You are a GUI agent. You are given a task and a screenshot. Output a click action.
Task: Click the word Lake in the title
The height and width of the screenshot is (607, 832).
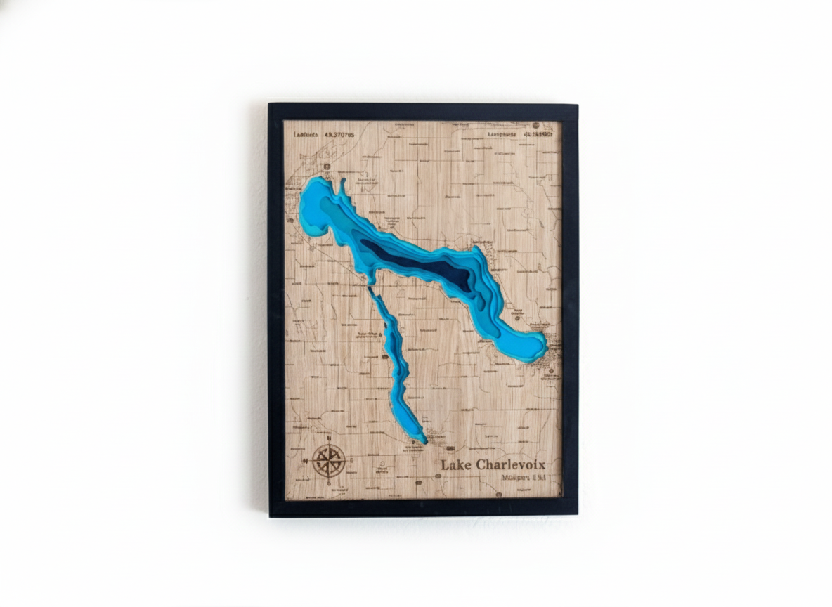(x=456, y=464)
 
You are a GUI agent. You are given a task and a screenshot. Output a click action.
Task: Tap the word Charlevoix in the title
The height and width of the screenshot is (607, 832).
(x=510, y=464)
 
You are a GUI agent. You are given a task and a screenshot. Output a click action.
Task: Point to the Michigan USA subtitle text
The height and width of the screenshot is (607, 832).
(x=524, y=478)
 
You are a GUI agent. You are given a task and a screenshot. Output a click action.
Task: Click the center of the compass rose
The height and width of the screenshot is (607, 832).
(x=328, y=461)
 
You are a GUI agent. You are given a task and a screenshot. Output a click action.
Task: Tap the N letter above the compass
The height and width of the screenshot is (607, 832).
(x=328, y=439)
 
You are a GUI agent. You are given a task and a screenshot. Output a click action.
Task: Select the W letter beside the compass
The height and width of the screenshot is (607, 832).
(x=306, y=461)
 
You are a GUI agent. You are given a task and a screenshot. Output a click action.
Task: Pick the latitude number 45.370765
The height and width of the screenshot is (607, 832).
(x=339, y=134)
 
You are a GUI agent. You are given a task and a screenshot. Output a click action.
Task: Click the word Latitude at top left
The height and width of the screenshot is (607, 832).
(x=306, y=134)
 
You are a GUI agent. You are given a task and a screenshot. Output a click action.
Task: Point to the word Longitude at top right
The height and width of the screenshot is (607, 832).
(x=502, y=133)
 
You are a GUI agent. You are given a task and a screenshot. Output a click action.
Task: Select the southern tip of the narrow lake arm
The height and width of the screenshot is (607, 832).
(x=422, y=440)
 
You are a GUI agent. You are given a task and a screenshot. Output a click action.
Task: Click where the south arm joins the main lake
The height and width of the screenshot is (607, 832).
(x=370, y=284)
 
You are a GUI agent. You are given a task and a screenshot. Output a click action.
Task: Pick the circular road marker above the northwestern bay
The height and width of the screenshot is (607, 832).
(x=326, y=166)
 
